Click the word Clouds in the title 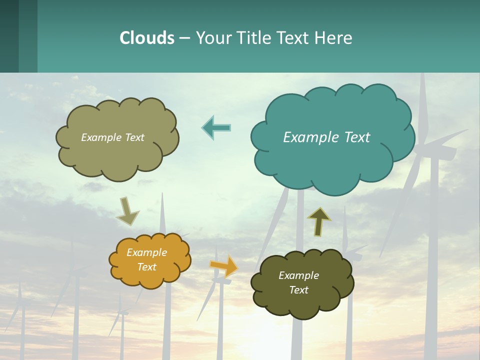tap(147, 38)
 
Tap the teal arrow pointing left tap(216, 127)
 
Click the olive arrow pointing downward tap(127, 211)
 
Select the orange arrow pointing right tap(224, 266)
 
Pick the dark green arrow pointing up tap(318, 221)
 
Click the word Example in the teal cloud tap(306, 137)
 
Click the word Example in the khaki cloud tap(100, 137)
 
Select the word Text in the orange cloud tap(147, 267)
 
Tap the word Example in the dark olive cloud tap(298, 275)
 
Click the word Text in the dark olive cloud tap(298, 290)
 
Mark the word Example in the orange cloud tap(147, 252)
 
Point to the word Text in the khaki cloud tap(133, 137)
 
